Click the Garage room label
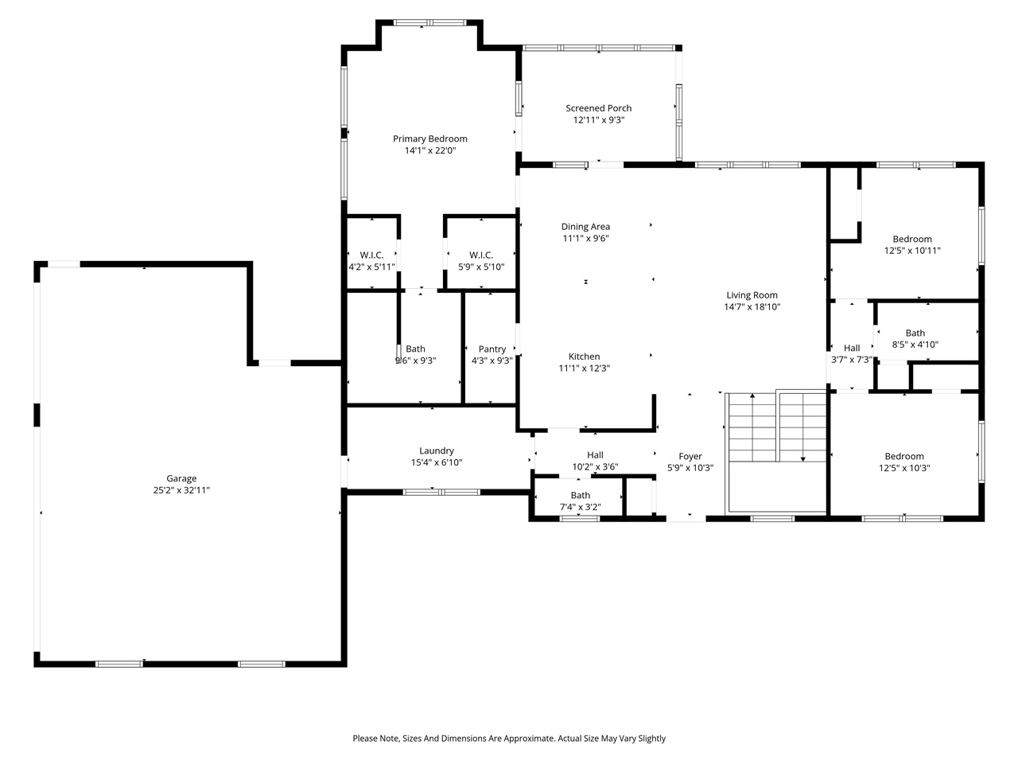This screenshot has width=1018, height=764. pyautogui.click(x=181, y=478)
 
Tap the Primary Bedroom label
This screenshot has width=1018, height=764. pyautogui.click(x=429, y=138)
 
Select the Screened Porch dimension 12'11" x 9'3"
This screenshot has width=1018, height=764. pyautogui.click(x=598, y=120)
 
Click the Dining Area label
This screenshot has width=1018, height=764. pyautogui.click(x=585, y=227)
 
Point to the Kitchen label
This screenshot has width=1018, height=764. pyautogui.click(x=584, y=357)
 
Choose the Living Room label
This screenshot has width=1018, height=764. pyautogui.click(x=752, y=295)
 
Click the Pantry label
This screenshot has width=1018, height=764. pyautogui.click(x=492, y=349)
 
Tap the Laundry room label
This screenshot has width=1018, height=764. pyautogui.click(x=437, y=450)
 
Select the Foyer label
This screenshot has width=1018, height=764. pyautogui.click(x=690, y=456)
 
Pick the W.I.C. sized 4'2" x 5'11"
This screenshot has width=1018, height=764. pyautogui.click(x=371, y=267)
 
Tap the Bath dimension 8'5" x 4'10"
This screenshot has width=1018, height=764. pyautogui.click(x=915, y=345)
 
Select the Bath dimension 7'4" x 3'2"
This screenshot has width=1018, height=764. pyautogui.click(x=580, y=507)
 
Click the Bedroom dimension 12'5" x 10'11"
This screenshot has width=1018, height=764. pyautogui.click(x=912, y=251)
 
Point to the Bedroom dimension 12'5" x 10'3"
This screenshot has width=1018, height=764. pyautogui.click(x=904, y=468)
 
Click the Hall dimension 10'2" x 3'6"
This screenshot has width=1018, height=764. pyautogui.click(x=595, y=467)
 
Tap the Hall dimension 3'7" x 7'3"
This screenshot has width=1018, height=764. pyautogui.click(x=851, y=360)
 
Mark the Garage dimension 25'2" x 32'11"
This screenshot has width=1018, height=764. pyautogui.click(x=181, y=490)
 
